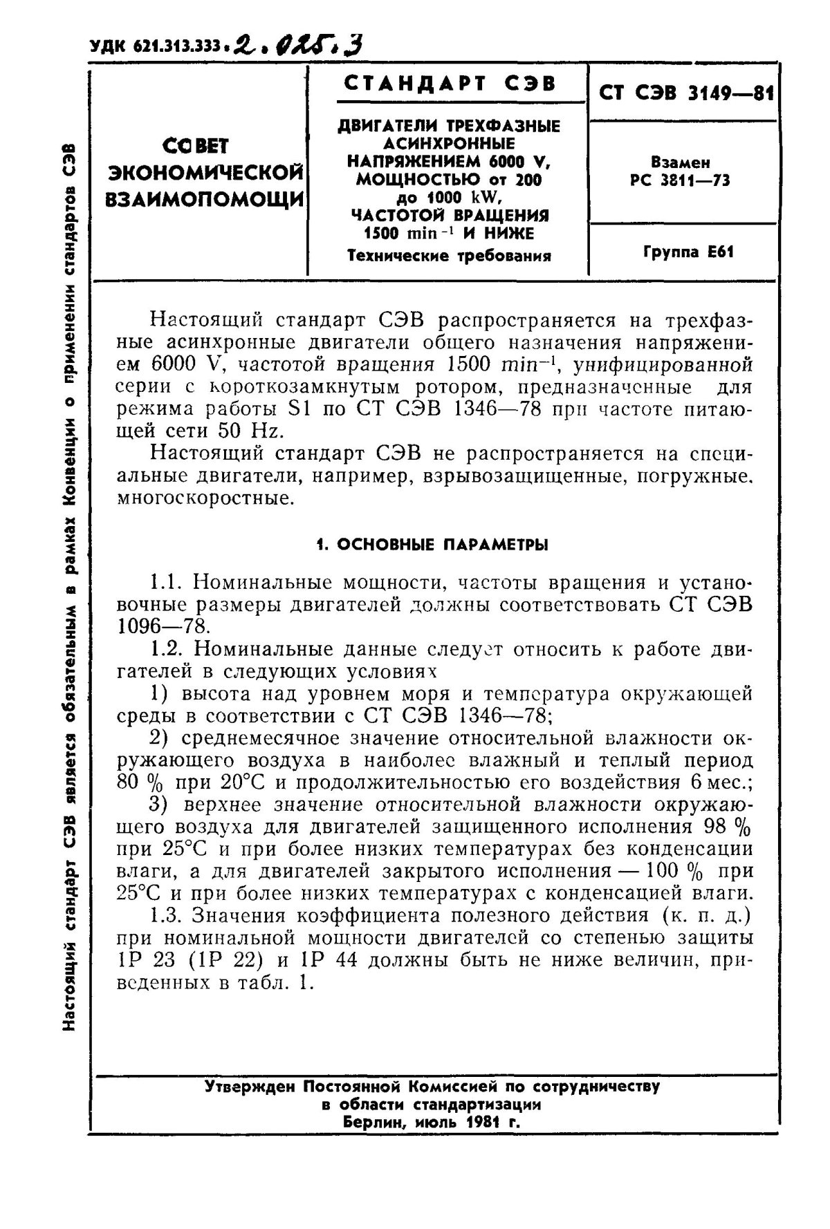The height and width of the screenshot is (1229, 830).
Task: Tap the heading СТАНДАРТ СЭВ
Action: tap(450, 84)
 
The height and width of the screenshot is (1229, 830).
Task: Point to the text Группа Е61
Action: tap(688, 252)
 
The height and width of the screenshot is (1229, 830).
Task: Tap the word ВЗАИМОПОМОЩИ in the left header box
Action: tap(204, 198)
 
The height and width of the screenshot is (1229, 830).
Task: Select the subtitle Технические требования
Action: tap(449, 256)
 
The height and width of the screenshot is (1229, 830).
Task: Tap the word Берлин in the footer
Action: tap(375, 1123)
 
